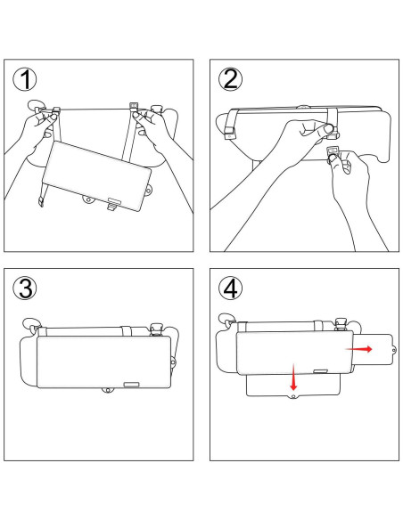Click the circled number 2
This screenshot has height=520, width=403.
coord(230,79)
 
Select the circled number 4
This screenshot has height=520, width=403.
coord(230,288)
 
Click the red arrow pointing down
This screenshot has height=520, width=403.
coord(292,378)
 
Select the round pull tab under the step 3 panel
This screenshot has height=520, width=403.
coord(107,391)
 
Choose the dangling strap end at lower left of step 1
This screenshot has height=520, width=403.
coord(41,199)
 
